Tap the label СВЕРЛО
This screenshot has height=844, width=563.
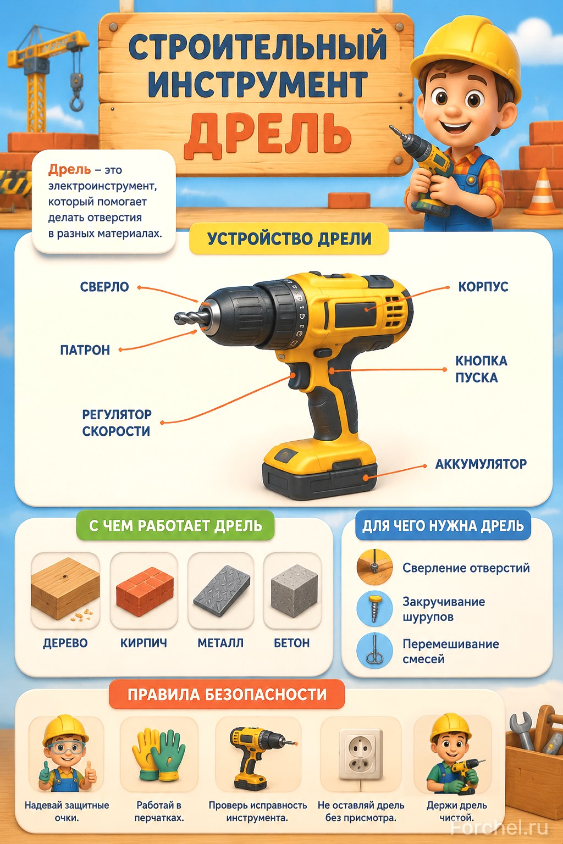[x=104, y=287]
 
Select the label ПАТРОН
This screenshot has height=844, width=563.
[x=85, y=351]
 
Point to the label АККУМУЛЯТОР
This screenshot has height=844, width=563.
[x=481, y=464]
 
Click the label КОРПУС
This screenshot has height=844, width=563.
[x=483, y=287]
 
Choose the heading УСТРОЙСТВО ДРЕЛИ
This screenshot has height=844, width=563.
[x=289, y=239]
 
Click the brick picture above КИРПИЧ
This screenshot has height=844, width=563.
[x=145, y=591]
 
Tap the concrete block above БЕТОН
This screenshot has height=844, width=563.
[x=294, y=590]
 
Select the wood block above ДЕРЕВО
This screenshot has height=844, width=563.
[x=65, y=588]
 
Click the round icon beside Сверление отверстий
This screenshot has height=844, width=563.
[x=374, y=567]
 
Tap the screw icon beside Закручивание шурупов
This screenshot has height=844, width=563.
[x=374, y=608]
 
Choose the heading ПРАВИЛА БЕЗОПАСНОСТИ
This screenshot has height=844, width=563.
[x=227, y=694]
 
